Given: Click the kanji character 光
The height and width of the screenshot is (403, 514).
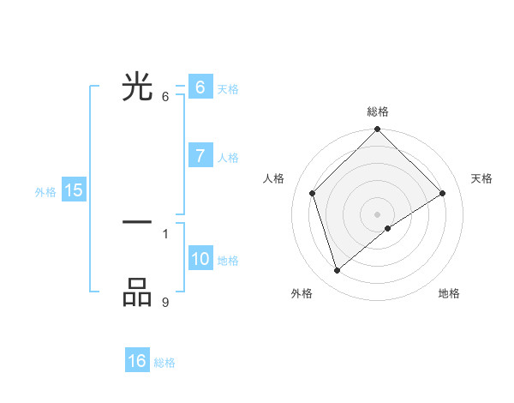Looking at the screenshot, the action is point(137,87).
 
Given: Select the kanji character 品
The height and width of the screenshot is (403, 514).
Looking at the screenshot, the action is point(137,292).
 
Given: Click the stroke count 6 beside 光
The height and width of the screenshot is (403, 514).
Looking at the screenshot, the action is point(165,96).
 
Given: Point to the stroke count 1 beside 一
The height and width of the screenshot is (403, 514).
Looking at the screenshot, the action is point(165,233).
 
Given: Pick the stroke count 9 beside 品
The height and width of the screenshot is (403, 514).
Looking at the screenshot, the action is point(165,301).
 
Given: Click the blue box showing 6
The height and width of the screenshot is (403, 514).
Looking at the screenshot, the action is point(200,87).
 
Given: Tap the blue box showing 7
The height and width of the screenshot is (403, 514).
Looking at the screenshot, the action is point(200,156).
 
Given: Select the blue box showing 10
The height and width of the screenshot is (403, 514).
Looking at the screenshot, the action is point(200,259).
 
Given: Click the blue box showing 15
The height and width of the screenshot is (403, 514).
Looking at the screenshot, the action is point(73,190).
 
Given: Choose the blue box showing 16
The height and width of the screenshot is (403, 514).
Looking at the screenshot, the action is point(137,361).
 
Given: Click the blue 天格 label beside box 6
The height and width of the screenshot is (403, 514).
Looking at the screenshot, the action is point(228,89).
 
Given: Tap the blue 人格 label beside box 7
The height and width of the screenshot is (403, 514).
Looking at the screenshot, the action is point(228,158).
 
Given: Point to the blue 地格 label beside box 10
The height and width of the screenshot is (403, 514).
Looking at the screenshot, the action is point(228,261).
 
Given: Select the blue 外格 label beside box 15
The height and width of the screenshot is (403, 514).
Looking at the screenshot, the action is point(45,192).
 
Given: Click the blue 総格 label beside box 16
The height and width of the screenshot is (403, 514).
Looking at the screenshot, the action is point(164,363).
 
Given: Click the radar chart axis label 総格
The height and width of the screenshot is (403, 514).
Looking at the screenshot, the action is point(377,111).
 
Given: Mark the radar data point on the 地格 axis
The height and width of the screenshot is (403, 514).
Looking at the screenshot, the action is point(388,228).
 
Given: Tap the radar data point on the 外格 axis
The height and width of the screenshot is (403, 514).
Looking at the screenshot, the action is point(337,271).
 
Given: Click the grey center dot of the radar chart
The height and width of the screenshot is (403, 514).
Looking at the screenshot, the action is point(377,214).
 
